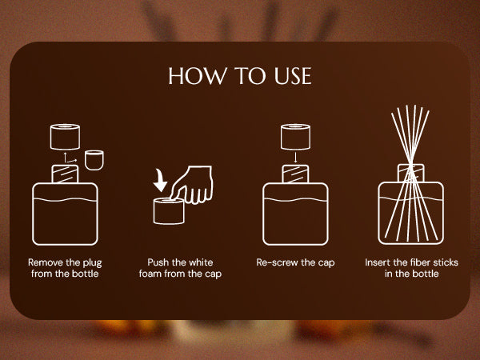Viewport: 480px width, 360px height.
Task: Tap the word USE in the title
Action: pyautogui.click(x=293, y=76)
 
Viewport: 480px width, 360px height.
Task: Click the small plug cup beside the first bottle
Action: pyautogui.click(x=94, y=160)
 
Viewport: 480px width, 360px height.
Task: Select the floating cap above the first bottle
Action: pyautogui.click(x=65, y=137)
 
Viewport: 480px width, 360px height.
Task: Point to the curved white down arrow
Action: pyautogui.click(x=160, y=181)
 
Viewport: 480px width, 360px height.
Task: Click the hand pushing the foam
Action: pyautogui.click(x=192, y=185)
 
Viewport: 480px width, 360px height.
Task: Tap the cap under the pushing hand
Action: pyautogui.click(x=169, y=211)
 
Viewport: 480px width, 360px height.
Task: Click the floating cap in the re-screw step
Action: pyautogui.click(x=295, y=137)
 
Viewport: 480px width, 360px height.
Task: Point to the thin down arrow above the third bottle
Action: pyautogui.click(x=295, y=158)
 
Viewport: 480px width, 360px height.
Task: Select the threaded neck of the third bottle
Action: pyautogui.click(x=295, y=174)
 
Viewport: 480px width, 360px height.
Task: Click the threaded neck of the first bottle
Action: pyautogui.click(x=65, y=174)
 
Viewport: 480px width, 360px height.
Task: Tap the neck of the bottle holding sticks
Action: pyautogui.click(x=411, y=174)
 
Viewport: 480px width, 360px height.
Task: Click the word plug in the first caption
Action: pyautogui.click(x=92, y=263)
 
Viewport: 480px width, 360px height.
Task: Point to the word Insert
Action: pyautogui.click(x=378, y=262)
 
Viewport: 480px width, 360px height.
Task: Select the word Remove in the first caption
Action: pyautogui.click(x=46, y=262)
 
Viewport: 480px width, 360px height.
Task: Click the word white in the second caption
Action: pyautogui.click(x=201, y=262)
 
